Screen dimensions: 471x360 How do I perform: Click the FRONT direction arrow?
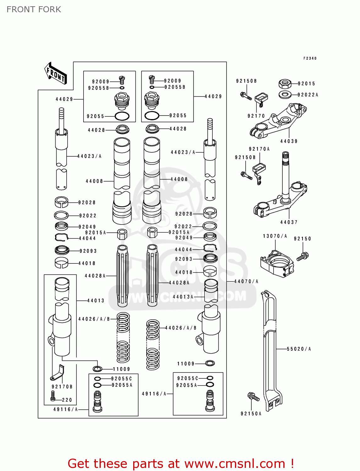(x=56, y=73)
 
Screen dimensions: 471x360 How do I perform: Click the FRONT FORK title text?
(x=34, y=9)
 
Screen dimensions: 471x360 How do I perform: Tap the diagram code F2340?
(x=310, y=58)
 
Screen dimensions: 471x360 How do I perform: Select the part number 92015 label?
(x=306, y=84)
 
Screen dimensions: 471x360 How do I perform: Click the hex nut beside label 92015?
(x=285, y=84)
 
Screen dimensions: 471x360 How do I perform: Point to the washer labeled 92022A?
(x=285, y=94)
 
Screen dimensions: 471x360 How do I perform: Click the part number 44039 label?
(x=289, y=141)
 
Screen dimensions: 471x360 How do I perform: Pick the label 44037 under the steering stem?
(x=289, y=222)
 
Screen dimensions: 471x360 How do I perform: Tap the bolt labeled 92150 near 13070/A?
(x=303, y=256)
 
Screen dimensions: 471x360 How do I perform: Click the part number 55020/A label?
(x=299, y=349)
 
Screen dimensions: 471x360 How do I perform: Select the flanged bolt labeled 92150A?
(x=253, y=397)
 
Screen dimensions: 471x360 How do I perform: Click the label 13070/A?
(x=275, y=236)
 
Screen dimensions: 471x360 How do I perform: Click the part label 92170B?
(x=62, y=387)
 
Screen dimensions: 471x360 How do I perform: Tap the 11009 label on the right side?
(x=186, y=364)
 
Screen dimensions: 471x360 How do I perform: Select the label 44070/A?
(x=246, y=281)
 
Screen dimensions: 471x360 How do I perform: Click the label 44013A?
(x=183, y=297)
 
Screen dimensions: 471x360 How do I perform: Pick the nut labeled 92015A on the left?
(x=122, y=234)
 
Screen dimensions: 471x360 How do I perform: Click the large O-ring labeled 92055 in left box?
(x=122, y=116)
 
